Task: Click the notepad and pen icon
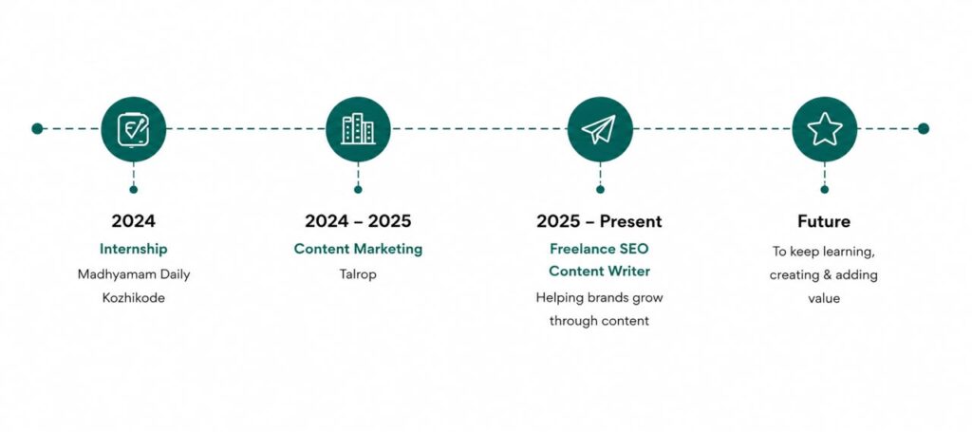[x=133, y=129]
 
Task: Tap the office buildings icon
[x=358, y=129]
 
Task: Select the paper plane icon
[x=600, y=129]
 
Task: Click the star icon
[x=825, y=129]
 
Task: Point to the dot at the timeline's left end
[x=37, y=129]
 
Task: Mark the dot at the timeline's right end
[x=923, y=129]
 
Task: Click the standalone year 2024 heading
[x=133, y=221]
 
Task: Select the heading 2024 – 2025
[x=358, y=221]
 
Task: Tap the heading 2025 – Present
[x=600, y=221]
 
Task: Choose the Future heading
[x=824, y=221]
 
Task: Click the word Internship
[x=133, y=249]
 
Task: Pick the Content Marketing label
[x=358, y=249]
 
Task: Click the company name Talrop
[x=358, y=274]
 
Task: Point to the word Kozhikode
[x=133, y=298]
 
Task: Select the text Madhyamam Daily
[x=133, y=274]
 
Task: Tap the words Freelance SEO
[x=600, y=249]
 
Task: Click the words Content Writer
[x=600, y=272]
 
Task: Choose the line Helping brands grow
[x=600, y=297]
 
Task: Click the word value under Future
[x=824, y=299]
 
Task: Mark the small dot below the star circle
[x=825, y=189]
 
